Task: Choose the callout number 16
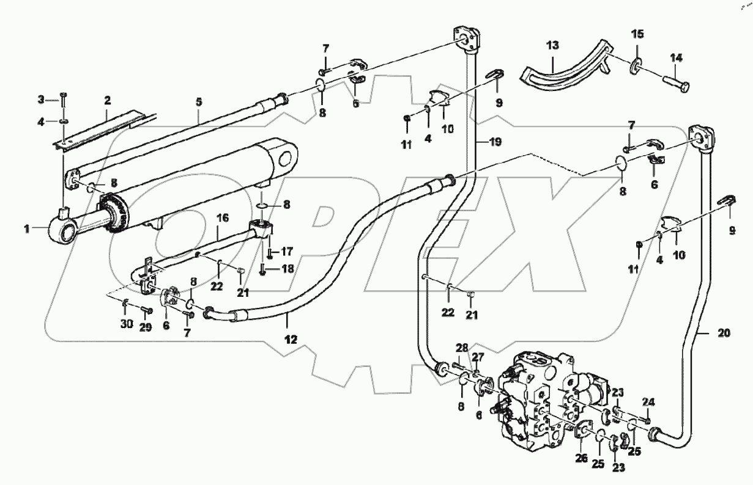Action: click(222, 217)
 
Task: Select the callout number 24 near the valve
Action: click(648, 402)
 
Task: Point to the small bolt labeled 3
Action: click(63, 98)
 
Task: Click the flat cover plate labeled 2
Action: click(101, 129)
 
